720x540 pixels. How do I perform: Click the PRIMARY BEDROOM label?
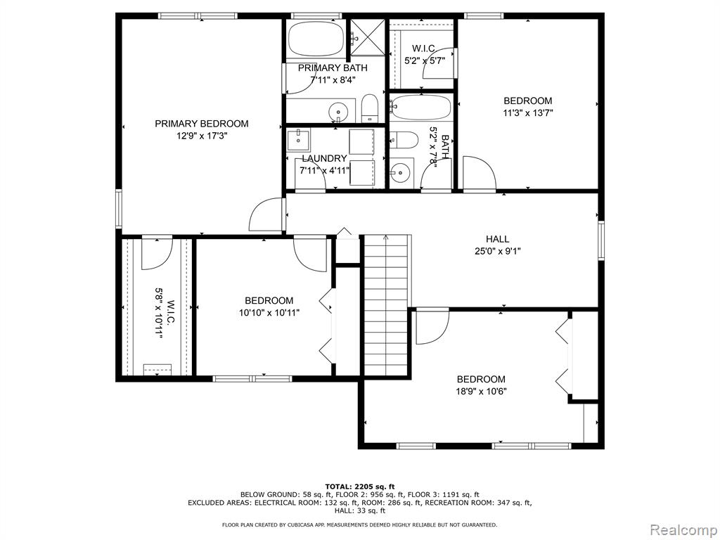coord(202,124)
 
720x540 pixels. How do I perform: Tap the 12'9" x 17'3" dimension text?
coord(202,136)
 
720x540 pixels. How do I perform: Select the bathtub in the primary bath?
coord(317,39)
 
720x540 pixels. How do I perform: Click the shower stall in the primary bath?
coord(367,38)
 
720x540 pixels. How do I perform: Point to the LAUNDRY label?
coord(324,158)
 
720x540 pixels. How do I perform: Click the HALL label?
coord(497,239)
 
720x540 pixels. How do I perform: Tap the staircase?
coord(386,301)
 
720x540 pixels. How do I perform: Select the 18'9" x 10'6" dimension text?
coord(481,392)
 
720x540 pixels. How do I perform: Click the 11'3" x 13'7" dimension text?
coord(527,113)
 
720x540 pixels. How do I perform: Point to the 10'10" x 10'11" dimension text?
coord(269,313)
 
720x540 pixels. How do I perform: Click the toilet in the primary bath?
coord(369,108)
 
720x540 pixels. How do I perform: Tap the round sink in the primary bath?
coord(339,111)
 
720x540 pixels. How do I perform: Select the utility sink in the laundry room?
coord(298,140)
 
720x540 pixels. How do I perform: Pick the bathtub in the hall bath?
coord(422,108)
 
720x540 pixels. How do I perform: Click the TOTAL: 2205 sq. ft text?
coord(360,487)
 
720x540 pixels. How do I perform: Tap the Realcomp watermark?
coord(683,530)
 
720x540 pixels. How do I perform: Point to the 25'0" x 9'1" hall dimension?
coord(498,251)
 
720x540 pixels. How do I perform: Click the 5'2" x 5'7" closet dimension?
coord(425,60)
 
